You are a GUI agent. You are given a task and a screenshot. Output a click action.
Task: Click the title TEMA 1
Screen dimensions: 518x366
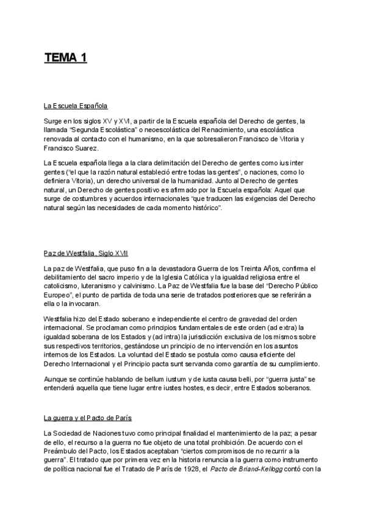65,59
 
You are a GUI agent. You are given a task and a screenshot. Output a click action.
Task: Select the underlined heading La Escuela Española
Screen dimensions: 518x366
76,106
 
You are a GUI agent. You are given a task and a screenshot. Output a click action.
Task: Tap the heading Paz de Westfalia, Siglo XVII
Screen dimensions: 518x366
85,254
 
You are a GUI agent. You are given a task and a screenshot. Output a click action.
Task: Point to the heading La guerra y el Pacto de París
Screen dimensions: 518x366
88,418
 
